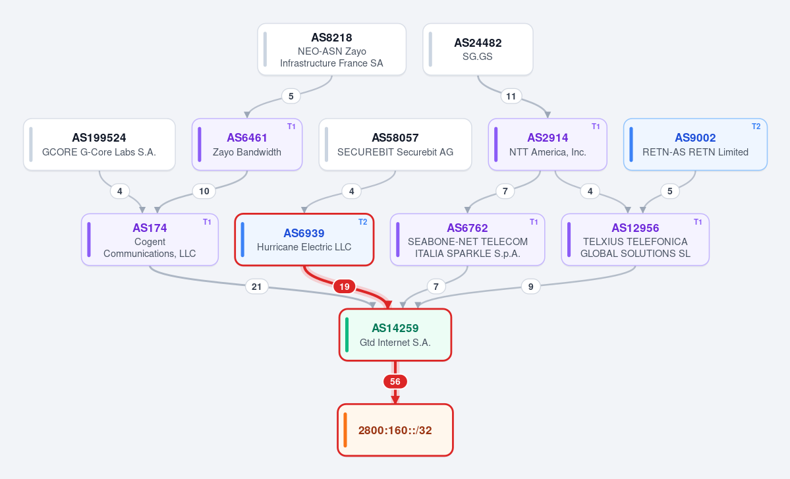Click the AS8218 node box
(x=331, y=49)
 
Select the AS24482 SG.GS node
(x=478, y=49)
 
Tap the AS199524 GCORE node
(x=99, y=144)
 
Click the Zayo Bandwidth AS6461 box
(x=247, y=144)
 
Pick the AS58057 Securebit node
(x=395, y=144)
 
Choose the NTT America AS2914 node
(x=548, y=144)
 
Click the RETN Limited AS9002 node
(x=695, y=144)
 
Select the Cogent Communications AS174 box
(x=150, y=240)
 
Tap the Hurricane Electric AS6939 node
(x=304, y=240)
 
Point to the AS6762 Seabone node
(x=468, y=240)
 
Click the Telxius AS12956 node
(x=635, y=240)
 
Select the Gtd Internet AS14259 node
(x=395, y=335)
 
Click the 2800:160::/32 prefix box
(x=395, y=430)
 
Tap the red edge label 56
(x=395, y=381)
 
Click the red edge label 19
(x=344, y=287)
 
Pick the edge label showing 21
(x=256, y=287)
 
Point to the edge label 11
(x=511, y=96)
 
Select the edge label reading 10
(x=204, y=191)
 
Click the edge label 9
(x=530, y=287)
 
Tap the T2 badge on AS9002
(x=756, y=127)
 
